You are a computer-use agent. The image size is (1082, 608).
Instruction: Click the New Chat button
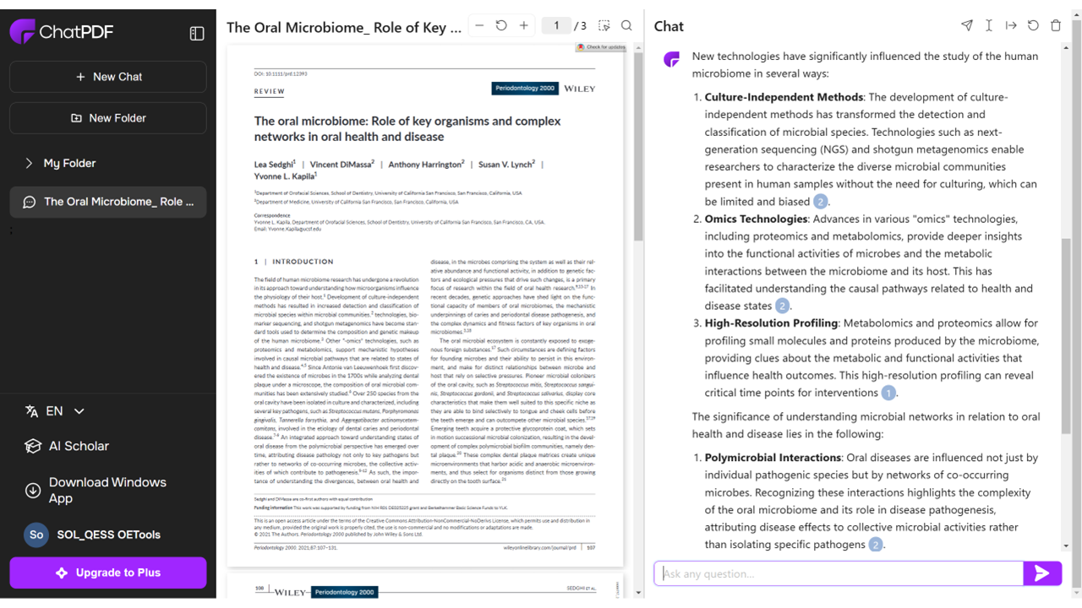108,77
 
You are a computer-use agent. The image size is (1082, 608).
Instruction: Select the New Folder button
108,118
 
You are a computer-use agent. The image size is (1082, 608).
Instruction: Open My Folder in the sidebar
69,163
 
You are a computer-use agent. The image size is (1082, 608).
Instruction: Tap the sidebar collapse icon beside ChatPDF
197,33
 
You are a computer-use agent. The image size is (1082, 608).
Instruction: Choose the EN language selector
55,411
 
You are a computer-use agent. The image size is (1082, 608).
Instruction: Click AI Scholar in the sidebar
79,446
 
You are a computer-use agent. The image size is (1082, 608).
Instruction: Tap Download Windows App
107,490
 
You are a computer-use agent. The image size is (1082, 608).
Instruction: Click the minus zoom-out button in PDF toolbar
479,25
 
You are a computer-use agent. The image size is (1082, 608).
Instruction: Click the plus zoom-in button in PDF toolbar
524,25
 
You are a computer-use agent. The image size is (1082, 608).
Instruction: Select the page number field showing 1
556,25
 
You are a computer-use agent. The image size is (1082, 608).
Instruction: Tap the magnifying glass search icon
626,25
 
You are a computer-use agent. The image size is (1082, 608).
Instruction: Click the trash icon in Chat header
1056,25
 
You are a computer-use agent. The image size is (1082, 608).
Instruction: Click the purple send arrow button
1041,573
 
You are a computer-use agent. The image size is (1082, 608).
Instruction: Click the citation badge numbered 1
888,393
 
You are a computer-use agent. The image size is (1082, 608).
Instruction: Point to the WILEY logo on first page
580,88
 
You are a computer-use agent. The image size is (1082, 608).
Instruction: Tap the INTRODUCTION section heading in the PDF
303,262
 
